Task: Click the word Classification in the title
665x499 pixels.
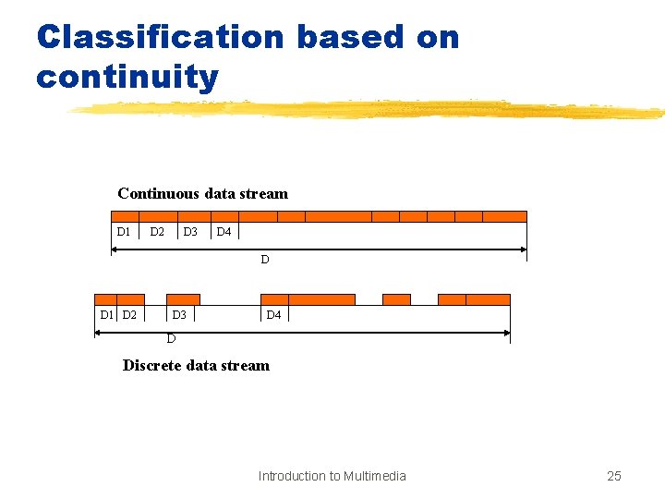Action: coord(160,37)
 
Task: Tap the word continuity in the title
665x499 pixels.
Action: coord(127,76)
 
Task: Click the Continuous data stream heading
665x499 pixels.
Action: coord(202,194)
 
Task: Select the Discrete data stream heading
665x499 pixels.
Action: coord(196,365)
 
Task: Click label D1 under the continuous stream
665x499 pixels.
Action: coord(124,231)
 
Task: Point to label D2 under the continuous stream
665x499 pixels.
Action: coord(158,231)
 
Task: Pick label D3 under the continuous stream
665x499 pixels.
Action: coord(190,231)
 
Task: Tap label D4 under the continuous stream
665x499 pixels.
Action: coord(224,231)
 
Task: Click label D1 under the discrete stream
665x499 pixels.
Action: coord(107,315)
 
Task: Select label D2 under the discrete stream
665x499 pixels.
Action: coord(129,315)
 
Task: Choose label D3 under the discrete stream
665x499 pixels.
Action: coord(179,315)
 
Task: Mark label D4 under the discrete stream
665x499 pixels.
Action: coord(273,315)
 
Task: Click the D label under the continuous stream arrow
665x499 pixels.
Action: coord(264,260)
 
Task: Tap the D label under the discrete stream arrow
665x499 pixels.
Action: coord(171,338)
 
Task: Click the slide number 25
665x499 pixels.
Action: coord(614,476)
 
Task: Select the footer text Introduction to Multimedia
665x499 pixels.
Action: coord(332,476)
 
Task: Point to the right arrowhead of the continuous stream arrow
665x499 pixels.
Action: coord(523,249)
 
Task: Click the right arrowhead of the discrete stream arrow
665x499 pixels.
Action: coord(506,332)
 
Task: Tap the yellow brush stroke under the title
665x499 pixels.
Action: coord(369,110)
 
